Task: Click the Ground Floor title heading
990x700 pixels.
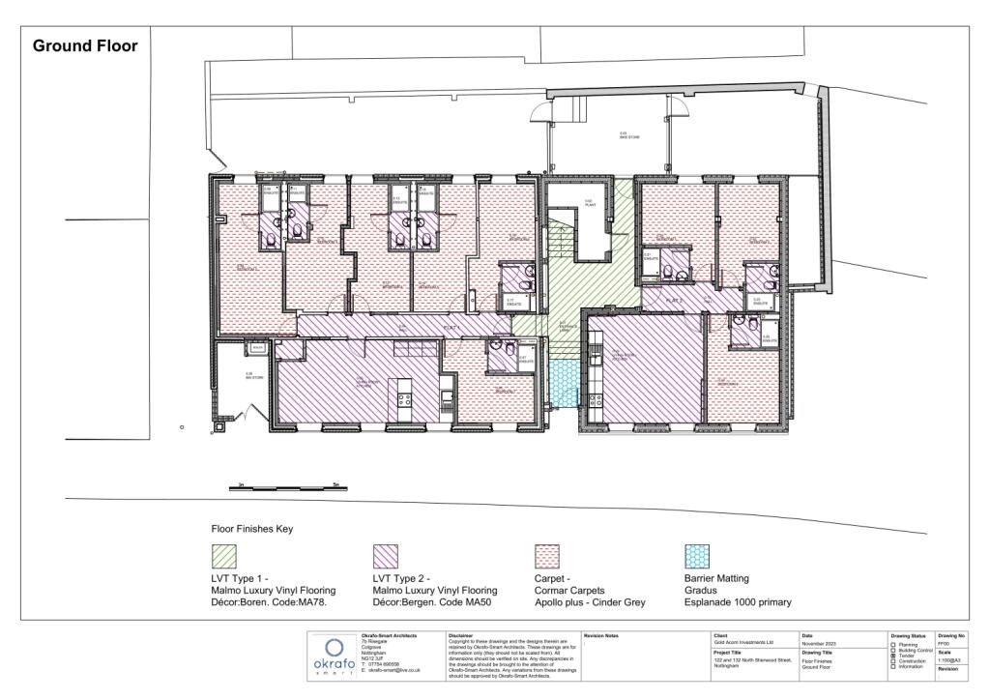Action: (x=85, y=45)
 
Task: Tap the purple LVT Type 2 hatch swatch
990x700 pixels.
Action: (x=385, y=555)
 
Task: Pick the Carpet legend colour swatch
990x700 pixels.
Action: (x=546, y=555)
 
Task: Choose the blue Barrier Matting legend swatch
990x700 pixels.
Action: (x=696, y=555)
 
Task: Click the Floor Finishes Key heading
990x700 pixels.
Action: (x=251, y=530)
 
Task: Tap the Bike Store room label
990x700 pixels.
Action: (x=629, y=135)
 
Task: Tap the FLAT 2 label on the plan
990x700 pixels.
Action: (x=675, y=301)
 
